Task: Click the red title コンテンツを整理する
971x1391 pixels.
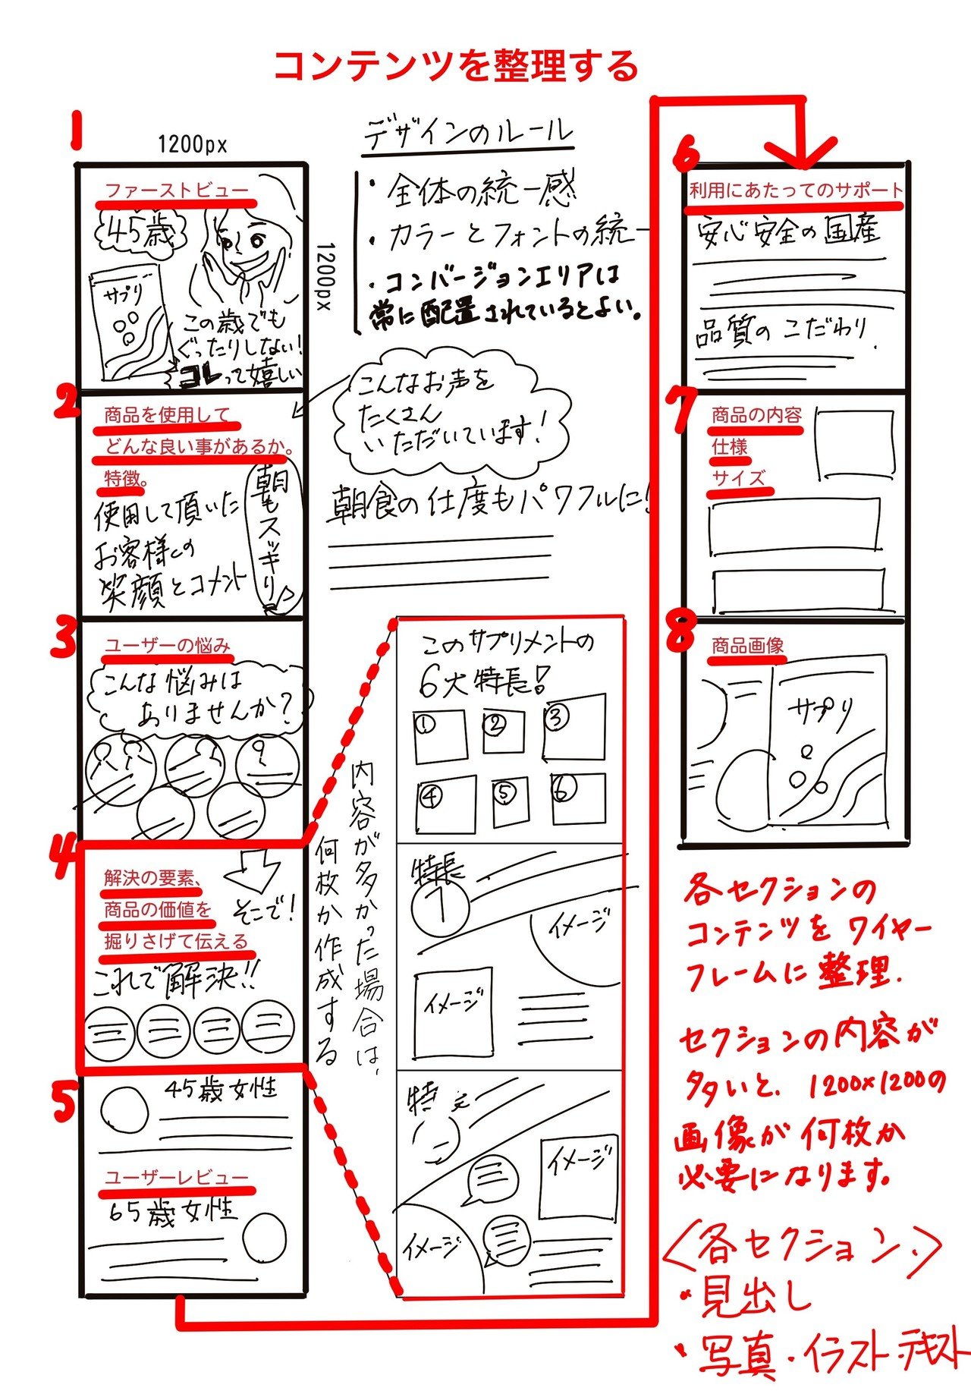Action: (x=455, y=66)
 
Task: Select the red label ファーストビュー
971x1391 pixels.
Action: (x=176, y=190)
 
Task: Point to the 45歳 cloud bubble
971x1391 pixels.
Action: (x=138, y=233)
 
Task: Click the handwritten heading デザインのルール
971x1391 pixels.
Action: (x=468, y=134)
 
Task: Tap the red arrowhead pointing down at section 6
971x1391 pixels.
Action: (x=801, y=152)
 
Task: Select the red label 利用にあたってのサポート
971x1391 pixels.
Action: (x=796, y=190)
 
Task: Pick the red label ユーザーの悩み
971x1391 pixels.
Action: (x=167, y=646)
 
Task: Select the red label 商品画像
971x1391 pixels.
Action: (x=747, y=646)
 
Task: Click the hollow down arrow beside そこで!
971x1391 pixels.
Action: (x=258, y=870)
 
